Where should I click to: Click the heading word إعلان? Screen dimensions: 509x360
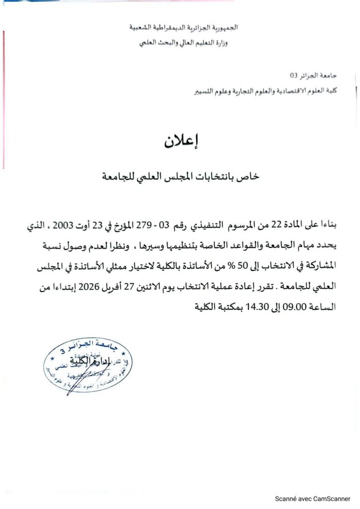[x=180, y=141]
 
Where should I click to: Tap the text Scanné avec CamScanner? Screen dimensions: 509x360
[x=314, y=499]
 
